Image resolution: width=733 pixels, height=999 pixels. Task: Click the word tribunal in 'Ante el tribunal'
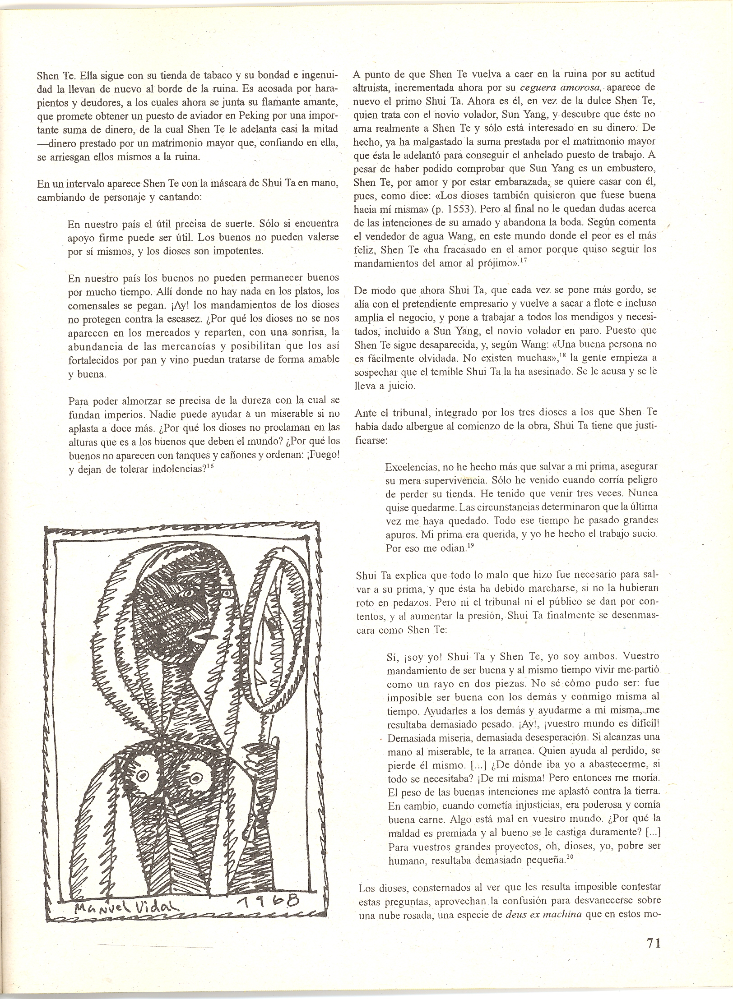[x=399, y=412]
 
